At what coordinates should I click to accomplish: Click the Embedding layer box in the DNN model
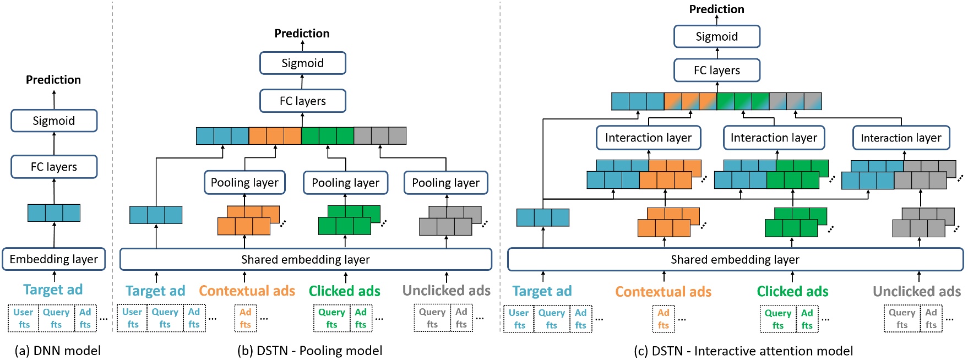(x=53, y=259)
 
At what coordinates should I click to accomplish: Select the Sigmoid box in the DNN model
(x=53, y=121)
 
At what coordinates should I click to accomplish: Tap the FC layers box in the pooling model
(x=302, y=101)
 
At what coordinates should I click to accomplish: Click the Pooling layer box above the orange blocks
(x=244, y=182)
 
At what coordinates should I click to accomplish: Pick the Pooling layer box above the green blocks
(x=345, y=182)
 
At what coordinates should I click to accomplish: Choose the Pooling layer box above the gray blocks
(x=445, y=182)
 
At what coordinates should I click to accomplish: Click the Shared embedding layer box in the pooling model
(x=306, y=259)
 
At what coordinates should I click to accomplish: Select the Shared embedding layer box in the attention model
(x=735, y=259)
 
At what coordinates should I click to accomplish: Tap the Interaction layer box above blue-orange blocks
(x=648, y=138)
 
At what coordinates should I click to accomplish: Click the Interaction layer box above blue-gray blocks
(x=901, y=138)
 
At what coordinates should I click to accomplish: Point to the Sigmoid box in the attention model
(x=716, y=36)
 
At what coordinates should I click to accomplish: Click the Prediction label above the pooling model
(x=302, y=34)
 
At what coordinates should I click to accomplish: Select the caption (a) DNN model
(x=58, y=351)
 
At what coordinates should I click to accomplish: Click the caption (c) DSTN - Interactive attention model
(x=743, y=351)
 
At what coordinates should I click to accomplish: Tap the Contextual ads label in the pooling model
(x=247, y=291)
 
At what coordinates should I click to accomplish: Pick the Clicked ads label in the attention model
(x=792, y=291)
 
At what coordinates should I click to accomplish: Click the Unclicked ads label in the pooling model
(x=446, y=291)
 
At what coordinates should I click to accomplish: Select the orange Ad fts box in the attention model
(x=664, y=319)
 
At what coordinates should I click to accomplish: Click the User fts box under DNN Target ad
(x=24, y=318)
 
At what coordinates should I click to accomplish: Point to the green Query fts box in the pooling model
(x=331, y=318)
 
